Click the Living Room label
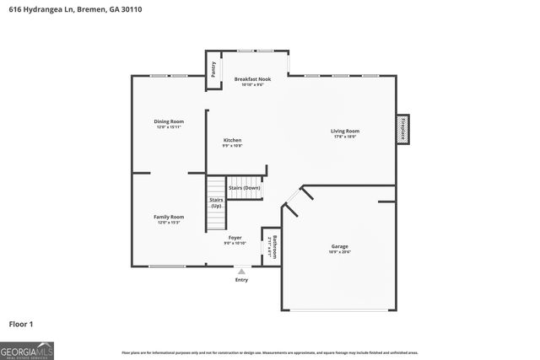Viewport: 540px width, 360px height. point(344,132)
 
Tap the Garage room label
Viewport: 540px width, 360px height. point(339,249)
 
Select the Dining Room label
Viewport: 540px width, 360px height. point(169,123)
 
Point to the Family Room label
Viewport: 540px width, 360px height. point(169,219)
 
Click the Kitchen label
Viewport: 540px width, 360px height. point(232,142)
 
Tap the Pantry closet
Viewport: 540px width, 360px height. point(213,69)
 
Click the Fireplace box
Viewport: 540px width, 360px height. point(403,130)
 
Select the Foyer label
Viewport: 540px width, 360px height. point(235,239)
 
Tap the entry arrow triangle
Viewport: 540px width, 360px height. point(241,271)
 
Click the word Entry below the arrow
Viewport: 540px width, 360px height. point(241,280)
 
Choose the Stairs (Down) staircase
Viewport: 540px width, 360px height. point(246,188)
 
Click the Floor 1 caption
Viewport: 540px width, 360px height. point(21,323)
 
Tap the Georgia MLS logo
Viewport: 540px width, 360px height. point(27,350)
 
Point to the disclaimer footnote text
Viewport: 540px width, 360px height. point(270,352)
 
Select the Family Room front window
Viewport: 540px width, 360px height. point(167,266)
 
